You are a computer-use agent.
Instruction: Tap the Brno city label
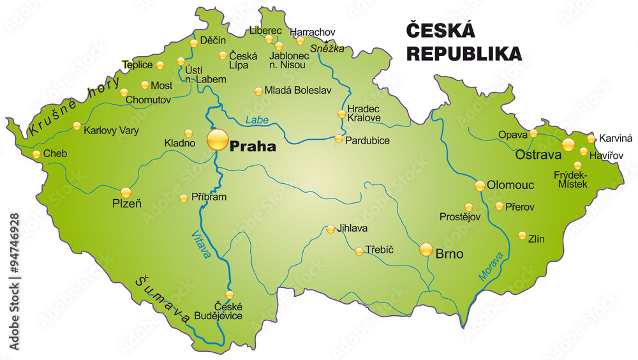(449, 253)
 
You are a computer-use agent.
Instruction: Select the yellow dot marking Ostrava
(568, 144)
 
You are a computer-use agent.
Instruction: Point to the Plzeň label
(127, 204)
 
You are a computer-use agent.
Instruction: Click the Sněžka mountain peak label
(327, 49)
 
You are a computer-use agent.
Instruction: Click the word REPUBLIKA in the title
(464, 54)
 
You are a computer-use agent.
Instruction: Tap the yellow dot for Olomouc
(480, 186)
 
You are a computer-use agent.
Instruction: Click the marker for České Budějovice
(230, 294)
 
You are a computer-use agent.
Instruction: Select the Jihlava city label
(352, 228)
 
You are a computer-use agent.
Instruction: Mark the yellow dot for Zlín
(522, 235)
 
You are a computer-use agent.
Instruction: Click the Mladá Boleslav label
(298, 91)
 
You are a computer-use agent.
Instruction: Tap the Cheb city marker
(37, 154)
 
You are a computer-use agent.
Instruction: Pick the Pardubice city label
(367, 140)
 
